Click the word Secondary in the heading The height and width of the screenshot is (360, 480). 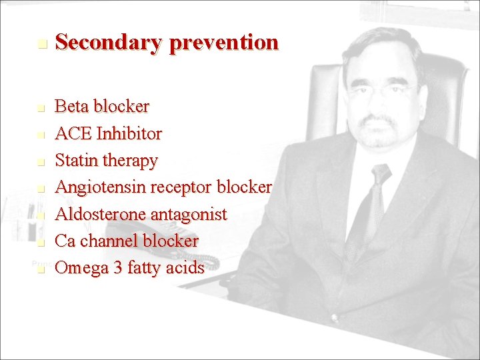109,43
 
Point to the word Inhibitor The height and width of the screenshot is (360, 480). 129,134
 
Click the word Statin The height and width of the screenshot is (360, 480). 75,161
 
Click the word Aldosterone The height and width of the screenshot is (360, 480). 103,214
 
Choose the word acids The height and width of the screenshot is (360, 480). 185,267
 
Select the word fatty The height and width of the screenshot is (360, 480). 143,268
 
